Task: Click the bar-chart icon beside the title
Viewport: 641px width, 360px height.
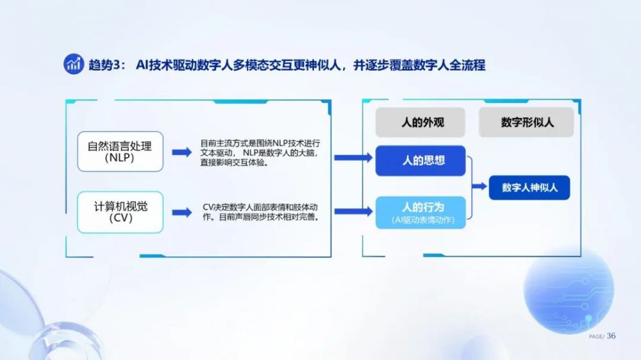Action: pyautogui.click(x=74, y=64)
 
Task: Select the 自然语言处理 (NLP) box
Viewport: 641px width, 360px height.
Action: pyautogui.click(x=121, y=152)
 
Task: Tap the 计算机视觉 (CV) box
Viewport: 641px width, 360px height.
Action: pyautogui.click(x=121, y=212)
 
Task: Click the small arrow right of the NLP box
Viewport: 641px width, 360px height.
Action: pyautogui.click(x=182, y=152)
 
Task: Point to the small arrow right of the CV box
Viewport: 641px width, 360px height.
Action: pyautogui.click(x=182, y=213)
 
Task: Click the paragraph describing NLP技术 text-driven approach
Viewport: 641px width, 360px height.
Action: pyautogui.click(x=260, y=153)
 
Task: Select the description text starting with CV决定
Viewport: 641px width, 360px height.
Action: pyautogui.click(x=260, y=212)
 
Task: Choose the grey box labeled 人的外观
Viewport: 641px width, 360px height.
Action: pyautogui.click(x=420, y=122)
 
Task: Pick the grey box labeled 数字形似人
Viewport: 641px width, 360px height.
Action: pyautogui.click(x=526, y=122)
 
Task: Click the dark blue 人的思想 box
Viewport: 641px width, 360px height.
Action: pyautogui.click(x=420, y=161)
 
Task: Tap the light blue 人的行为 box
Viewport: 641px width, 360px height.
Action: pyautogui.click(x=420, y=213)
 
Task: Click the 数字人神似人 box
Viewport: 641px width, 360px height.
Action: pyautogui.click(x=529, y=188)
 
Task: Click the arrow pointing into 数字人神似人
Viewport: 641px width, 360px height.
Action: pyautogui.click(x=479, y=186)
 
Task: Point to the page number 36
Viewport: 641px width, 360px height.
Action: pyautogui.click(x=611, y=336)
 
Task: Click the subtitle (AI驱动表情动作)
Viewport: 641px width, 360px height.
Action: pyautogui.click(x=423, y=220)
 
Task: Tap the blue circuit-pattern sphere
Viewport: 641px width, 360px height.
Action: pyautogui.click(x=569, y=290)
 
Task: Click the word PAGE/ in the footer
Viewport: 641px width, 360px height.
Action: pyautogui.click(x=596, y=337)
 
